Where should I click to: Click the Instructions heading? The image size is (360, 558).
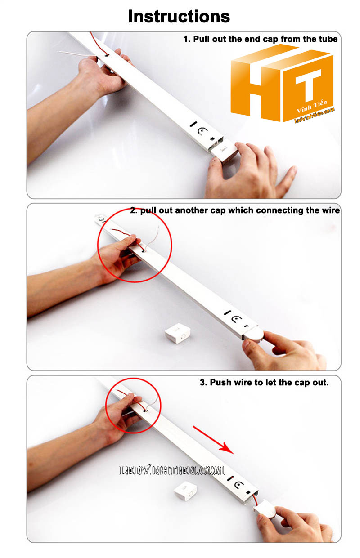click(179, 16)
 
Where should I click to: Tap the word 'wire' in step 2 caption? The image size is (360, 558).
click(330, 210)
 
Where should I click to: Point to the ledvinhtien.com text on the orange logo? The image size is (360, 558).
click(314, 116)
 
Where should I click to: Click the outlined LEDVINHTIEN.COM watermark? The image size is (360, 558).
click(172, 471)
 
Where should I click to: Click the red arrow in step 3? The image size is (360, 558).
click(213, 440)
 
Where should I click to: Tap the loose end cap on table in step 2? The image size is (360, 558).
click(177, 333)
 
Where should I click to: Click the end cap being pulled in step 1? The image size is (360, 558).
click(225, 152)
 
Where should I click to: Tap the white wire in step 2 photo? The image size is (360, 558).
click(153, 239)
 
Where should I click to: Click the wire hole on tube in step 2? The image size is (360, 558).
click(144, 251)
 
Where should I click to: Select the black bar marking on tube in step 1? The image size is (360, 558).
click(193, 124)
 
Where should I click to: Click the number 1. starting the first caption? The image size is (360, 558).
click(187, 39)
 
